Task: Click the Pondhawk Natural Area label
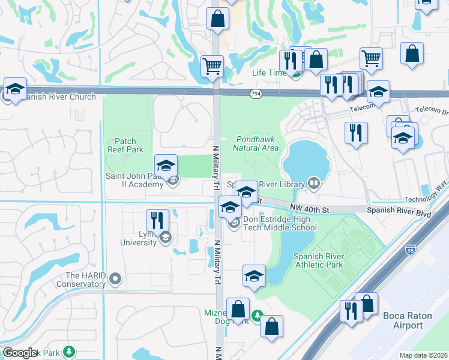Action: [x=255, y=143]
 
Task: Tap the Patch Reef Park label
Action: [x=122, y=145]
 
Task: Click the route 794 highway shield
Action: [x=256, y=94]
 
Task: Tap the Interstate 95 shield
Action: [x=411, y=248]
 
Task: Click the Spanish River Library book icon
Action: [x=313, y=182]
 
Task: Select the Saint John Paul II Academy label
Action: [x=134, y=180]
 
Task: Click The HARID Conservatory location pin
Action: [x=115, y=278]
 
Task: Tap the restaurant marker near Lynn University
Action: [x=157, y=221]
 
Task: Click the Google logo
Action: [x=20, y=353]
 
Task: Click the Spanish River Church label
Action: [x=57, y=97]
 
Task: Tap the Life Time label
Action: [x=268, y=73]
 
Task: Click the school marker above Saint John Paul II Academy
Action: [x=166, y=165]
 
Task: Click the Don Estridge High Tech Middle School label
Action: [x=280, y=223]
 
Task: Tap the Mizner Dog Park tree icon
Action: [x=257, y=314]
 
